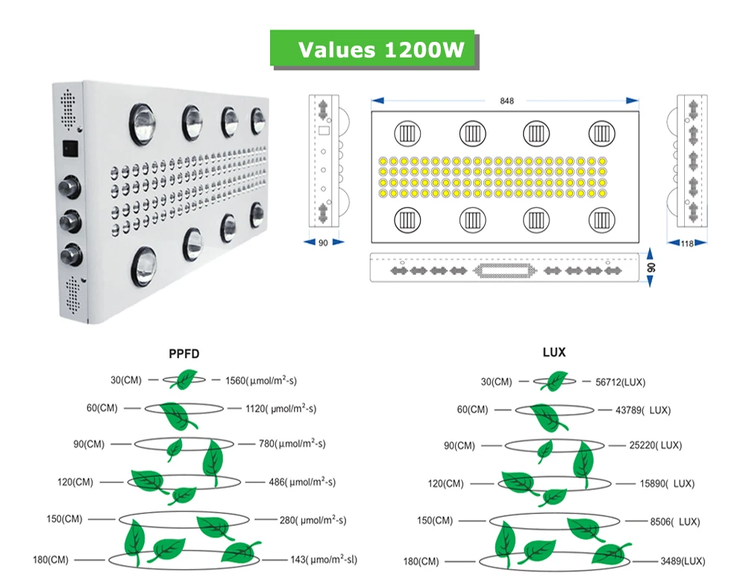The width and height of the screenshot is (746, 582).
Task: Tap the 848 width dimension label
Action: pyautogui.click(x=507, y=101)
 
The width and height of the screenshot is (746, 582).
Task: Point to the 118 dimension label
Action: pyautogui.click(x=686, y=244)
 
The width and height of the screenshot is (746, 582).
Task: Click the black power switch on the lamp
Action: pyautogui.click(x=70, y=149)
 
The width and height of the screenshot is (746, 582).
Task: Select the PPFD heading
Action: pyautogui.click(x=184, y=353)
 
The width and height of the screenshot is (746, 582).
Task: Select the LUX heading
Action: pyautogui.click(x=554, y=352)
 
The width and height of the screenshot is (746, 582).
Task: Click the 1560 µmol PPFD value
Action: pyautogui.click(x=260, y=380)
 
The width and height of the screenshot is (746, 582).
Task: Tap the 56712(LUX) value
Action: pyautogui.click(x=620, y=382)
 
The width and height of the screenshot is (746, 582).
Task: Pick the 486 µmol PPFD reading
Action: pyautogui.click(x=302, y=482)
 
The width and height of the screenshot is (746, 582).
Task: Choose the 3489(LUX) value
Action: pyautogui.click(x=683, y=561)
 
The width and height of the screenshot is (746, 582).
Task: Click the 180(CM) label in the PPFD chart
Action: pyautogui.click(x=51, y=560)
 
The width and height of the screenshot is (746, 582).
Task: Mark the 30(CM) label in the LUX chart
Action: pyautogui.click(x=496, y=381)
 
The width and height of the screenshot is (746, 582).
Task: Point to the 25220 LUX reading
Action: pyautogui.click(x=656, y=445)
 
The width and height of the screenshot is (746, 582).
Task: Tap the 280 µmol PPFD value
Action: pyautogui.click(x=313, y=519)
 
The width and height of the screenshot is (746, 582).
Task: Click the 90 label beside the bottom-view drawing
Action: pyautogui.click(x=651, y=267)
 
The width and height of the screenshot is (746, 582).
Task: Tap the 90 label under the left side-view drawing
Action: pyautogui.click(x=323, y=243)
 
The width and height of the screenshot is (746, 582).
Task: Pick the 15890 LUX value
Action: pyautogui.click(x=667, y=483)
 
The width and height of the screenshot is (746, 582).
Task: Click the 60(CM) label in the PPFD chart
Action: pyautogui.click(x=101, y=408)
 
